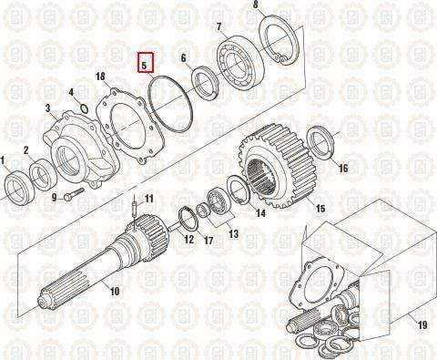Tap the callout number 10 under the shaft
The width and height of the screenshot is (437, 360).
click(x=115, y=292)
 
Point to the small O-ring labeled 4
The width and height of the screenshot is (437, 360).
click(x=85, y=109)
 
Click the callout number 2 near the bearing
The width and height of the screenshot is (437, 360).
click(x=26, y=149)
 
